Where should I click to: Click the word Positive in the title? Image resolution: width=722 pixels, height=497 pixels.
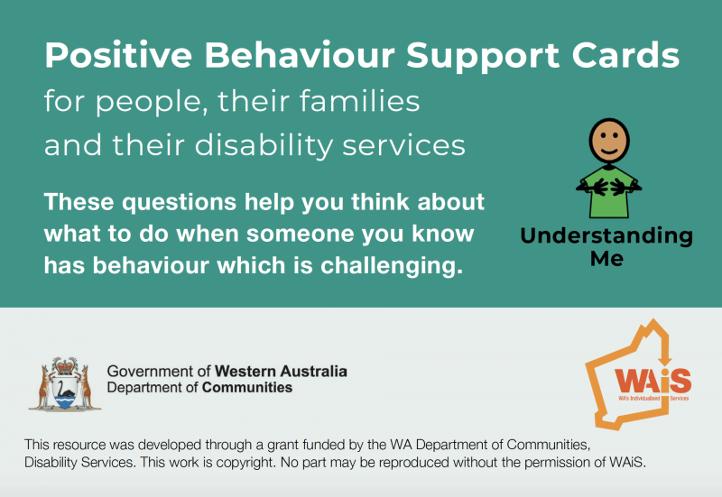click(118, 55)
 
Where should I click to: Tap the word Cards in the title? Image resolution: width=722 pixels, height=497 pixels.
click(625, 55)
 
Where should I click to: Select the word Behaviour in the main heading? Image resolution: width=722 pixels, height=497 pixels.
click(300, 55)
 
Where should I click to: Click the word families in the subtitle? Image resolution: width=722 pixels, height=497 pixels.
click(360, 101)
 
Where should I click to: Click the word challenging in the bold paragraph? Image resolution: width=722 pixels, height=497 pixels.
click(392, 266)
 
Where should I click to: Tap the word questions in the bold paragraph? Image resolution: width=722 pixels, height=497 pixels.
click(180, 203)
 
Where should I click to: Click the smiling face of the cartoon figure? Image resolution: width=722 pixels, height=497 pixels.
click(609, 141)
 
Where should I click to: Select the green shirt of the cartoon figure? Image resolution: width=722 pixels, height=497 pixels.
click(609, 193)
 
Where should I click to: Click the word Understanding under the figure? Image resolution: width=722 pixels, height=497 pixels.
click(606, 236)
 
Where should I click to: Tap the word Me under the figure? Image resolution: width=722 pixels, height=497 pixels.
click(606, 259)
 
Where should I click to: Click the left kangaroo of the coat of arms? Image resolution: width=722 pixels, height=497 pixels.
click(45, 388)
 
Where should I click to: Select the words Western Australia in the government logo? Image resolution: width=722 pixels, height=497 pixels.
click(281, 372)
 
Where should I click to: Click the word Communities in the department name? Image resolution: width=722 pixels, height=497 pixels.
click(247, 388)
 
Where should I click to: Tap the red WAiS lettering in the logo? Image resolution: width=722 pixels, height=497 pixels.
click(653, 381)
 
